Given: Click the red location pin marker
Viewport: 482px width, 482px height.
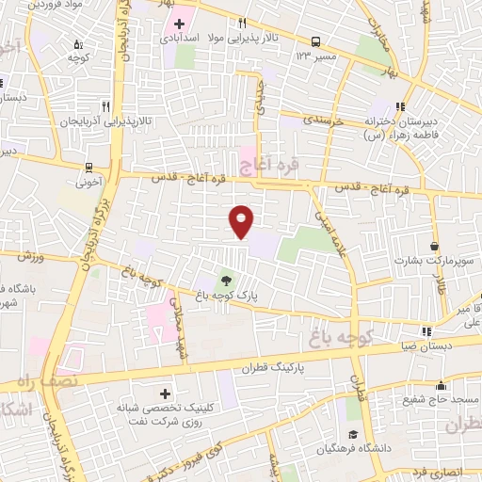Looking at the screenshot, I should tap(242, 222).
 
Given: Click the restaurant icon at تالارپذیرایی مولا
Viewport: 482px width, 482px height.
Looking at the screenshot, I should tap(242, 23).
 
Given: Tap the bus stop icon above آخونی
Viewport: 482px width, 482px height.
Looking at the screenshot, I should tap(88, 168).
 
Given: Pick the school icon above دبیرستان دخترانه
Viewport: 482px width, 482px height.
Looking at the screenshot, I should tap(402, 105).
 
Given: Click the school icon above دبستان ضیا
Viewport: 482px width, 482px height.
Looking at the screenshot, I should tap(427, 331).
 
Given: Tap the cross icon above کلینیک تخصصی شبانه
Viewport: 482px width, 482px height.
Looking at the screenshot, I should tap(167, 393).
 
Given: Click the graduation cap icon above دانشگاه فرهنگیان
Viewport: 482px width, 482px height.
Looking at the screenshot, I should tap(352, 434).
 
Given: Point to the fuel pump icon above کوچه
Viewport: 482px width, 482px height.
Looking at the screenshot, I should tap(77, 43).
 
